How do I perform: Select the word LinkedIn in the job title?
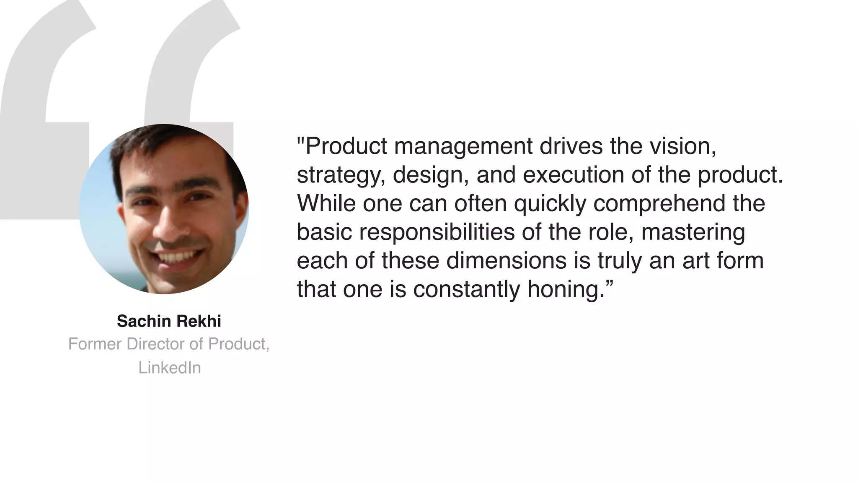169,368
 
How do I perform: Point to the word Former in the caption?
95,344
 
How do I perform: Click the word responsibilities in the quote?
437,232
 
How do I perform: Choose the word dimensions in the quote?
507,261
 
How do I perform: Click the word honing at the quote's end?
565,290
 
